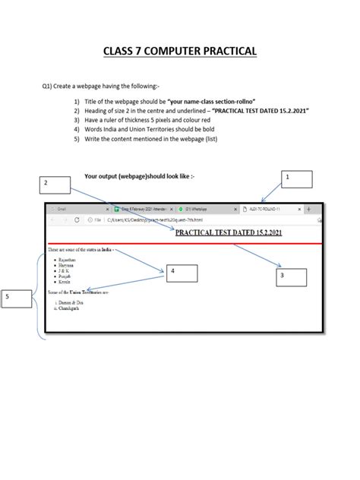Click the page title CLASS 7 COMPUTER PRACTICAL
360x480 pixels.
[x=180, y=51]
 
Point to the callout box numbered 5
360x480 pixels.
[x=16, y=299]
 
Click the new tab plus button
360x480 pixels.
[x=308, y=209]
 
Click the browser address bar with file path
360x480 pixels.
[x=152, y=220]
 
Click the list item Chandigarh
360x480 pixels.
[x=71, y=308]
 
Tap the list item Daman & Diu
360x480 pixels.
[x=72, y=302]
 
